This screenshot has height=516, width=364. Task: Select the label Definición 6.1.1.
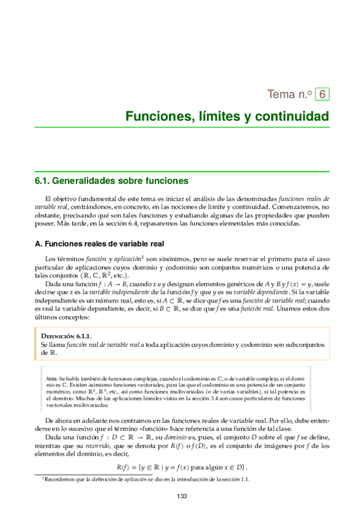click(x=64, y=335)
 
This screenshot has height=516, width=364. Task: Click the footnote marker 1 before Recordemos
click(x=43, y=478)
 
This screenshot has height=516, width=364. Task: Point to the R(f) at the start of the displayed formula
click(x=124, y=467)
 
